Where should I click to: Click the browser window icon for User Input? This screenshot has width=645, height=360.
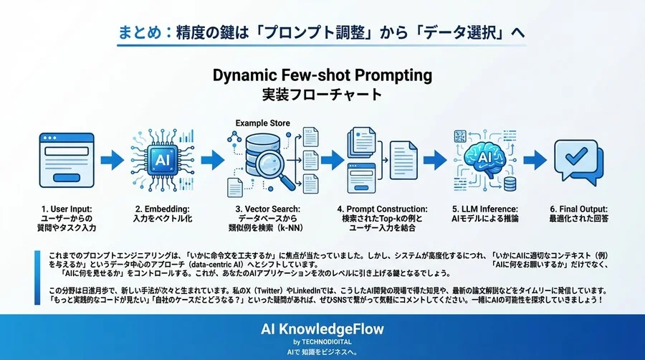click(62, 159)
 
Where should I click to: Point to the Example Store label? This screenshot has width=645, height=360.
click(262, 123)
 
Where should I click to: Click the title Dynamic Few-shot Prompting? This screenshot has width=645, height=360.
click(322, 75)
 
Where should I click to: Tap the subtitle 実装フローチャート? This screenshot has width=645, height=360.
click(322, 95)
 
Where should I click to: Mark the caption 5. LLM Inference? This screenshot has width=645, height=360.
click(483, 208)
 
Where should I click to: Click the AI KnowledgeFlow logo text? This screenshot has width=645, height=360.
click(322, 329)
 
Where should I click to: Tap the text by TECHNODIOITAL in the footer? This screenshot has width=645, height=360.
click(322, 342)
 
